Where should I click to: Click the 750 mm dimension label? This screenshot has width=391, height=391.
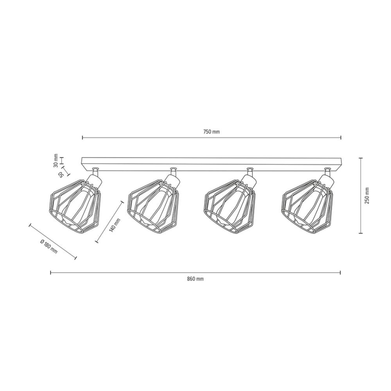211,132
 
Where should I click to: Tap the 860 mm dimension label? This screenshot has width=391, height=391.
195,279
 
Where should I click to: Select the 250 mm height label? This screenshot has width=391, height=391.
367,195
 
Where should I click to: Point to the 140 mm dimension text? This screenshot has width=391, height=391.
115,225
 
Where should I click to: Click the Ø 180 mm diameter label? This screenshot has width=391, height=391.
49,246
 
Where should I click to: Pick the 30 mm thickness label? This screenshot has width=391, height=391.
56,160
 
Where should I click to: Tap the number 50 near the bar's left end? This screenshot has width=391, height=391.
61,174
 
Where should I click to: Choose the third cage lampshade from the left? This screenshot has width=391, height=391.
231,205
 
